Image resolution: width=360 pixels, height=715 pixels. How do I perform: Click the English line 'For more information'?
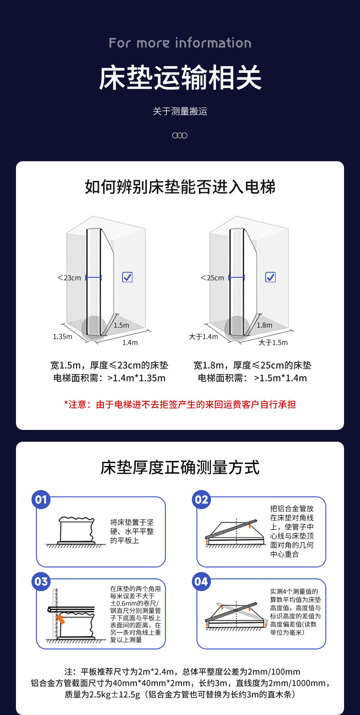tap(180, 43)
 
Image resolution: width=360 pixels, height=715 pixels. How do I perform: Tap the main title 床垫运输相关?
tap(180, 77)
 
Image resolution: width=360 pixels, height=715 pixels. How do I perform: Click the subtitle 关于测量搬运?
tap(180, 111)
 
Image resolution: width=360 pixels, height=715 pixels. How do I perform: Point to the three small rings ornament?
tap(180, 135)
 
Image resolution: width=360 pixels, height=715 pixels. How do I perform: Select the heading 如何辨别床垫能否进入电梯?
tap(180, 187)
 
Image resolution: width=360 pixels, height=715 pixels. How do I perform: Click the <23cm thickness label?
tap(69, 278)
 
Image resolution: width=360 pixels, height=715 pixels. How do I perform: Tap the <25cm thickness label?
tap(212, 278)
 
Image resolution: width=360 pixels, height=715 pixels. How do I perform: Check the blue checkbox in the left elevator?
tap(128, 277)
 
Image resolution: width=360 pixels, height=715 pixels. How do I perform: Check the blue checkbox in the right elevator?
tap(271, 277)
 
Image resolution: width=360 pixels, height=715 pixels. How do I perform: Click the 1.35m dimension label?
tap(62, 337)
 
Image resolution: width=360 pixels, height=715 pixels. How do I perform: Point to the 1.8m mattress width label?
tap(264, 325)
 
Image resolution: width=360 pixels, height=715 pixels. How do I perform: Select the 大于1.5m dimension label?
tap(273, 342)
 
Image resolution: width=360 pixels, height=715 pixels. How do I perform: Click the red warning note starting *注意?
tap(180, 404)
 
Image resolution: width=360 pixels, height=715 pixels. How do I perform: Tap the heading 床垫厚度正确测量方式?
tap(180, 468)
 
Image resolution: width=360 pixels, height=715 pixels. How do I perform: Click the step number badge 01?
tap(41, 500)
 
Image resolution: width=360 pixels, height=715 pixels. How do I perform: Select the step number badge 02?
tap(201, 500)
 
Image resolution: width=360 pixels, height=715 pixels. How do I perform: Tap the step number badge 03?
tap(41, 582)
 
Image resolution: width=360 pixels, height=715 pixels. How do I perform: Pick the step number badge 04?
tap(201, 582)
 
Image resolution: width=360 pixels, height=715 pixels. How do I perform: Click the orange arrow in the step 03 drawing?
tap(60, 619)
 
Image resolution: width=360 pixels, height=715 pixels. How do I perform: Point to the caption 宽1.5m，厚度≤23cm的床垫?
tap(109, 365)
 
